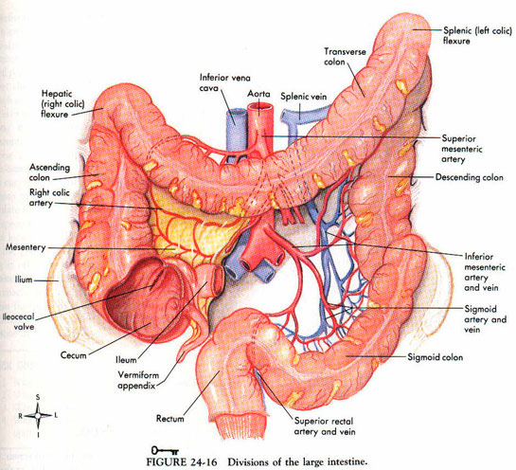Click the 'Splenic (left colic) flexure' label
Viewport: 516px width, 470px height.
(x=477, y=36)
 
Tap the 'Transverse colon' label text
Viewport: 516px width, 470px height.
(x=345, y=57)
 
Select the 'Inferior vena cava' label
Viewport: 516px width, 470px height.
(x=224, y=82)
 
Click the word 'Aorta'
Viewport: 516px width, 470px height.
(x=258, y=94)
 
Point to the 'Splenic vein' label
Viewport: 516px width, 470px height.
(x=303, y=97)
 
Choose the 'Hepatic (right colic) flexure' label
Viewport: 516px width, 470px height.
(x=62, y=103)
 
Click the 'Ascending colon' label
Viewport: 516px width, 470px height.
(x=49, y=172)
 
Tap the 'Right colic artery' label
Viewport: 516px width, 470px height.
(x=49, y=197)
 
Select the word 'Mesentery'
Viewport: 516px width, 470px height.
(x=26, y=247)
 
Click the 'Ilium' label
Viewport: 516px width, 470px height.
(x=24, y=280)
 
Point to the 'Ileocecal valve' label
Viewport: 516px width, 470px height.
(x=18, y=321)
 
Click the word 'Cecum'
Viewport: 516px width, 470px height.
(x=73, y=355)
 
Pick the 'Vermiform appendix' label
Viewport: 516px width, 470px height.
(x=138, y=380)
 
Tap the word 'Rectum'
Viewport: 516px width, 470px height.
(x=169, y=419)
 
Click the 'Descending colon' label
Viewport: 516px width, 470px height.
(x=470, y=177)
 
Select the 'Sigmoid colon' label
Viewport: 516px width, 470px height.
(x=435, y=357)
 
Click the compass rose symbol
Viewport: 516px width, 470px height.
(x=38, y=416)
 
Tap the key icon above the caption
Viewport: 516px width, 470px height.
(x=165, y=450)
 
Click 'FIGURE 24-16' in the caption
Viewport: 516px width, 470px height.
(x=182, y=461)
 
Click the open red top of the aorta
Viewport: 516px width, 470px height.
(x=260, y=107)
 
